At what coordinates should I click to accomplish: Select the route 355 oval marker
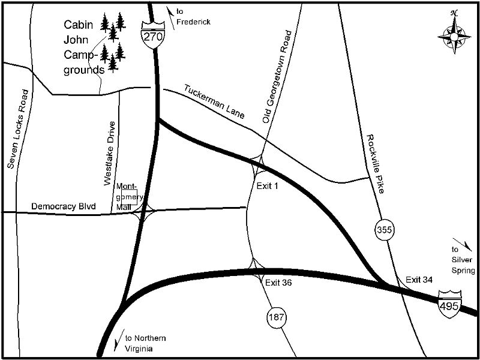(x=384, y=229)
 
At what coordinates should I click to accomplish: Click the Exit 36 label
(x=278, y=282)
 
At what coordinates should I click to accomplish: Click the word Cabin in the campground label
(x=77, y=26)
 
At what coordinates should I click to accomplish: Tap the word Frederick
(x=194, y=22)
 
